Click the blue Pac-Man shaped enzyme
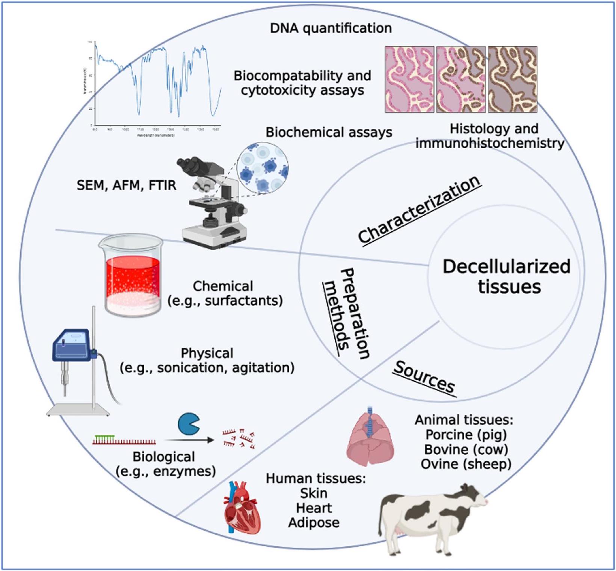pyautogui.click(x=188, y=424)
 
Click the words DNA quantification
pyautogui.click(x=331, y=28)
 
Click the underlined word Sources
pyautogui.click(x=424, y=377)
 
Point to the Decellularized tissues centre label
pyautogui.click(x=506, y=276)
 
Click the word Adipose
pyautogui.click(x=314, y=523)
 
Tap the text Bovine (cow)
pyautogui.click(x=466, y=449)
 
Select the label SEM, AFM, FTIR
pyautogui.click(x=126, y=185)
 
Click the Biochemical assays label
pyautogui.click(x=329, y=132)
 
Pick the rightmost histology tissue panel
pyautogui.click(x=513, y=79)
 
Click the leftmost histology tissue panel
pyautogui.click(x=409, y=79)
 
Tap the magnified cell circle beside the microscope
pyautogui.click(x=263, y=169)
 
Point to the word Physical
pyautogui.click(x=207, y=353)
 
